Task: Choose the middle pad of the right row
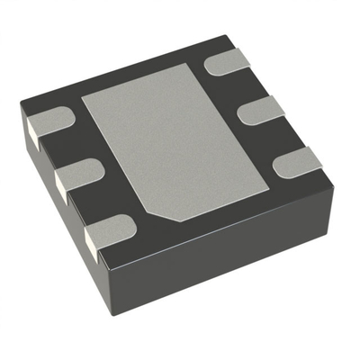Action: coord(262,110)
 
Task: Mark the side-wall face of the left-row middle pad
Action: coord(60,186)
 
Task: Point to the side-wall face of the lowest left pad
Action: coord(91,241)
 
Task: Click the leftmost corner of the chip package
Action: coord(20,110)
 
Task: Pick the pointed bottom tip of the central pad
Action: coord(177,222)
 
